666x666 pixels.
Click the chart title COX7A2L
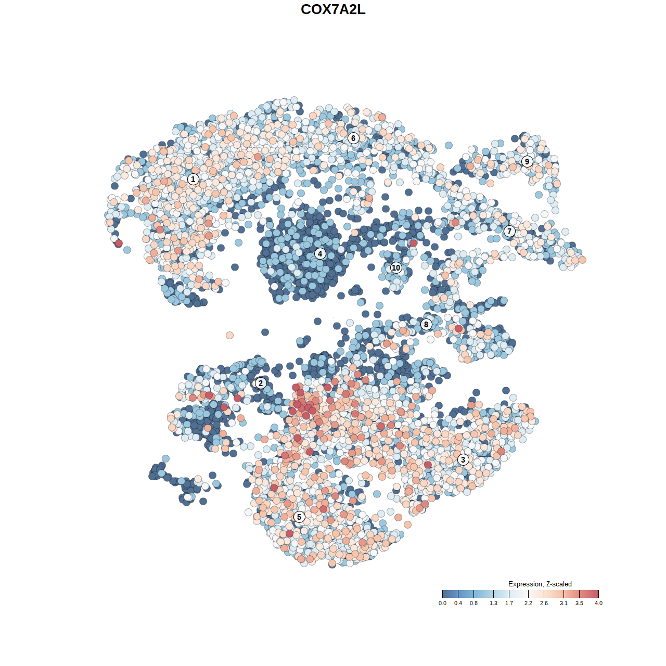(333, 9)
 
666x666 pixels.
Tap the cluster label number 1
(193, 180)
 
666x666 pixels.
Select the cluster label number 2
(260, 383)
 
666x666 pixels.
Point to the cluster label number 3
(463, 459)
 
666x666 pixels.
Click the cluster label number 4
(320, 254)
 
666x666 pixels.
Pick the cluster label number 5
(299, 517)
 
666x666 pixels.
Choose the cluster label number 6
(353, 138)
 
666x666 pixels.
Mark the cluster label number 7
(509, 232)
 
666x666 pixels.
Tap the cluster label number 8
(426, 325)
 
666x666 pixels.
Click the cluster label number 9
(527, 161)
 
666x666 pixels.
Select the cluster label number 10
(396, 268)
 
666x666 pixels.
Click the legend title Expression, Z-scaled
(540, 584)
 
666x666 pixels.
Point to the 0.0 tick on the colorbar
(442, 594)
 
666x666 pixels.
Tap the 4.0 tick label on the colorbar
(598, 604)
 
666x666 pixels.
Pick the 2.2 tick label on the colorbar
(528, 604)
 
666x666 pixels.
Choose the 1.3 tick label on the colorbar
(493, 604)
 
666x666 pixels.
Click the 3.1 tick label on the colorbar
(563, 604)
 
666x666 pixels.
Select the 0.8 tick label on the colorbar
(473, 604)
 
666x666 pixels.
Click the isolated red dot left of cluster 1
(119, 243)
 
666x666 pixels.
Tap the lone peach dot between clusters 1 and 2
(229, 335)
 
